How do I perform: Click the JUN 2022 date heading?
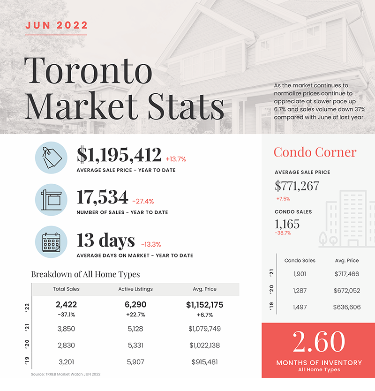(56, 25)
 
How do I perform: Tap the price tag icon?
(51, 158)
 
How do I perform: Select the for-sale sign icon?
(51, 200)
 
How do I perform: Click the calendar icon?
(51, 242)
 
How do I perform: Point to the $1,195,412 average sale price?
(119, 155)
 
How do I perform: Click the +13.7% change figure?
(176, 159)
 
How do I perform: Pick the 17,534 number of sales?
(102, 197)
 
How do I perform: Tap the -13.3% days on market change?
(151, 244)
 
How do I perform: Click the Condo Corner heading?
(315, 152)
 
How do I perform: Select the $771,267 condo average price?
(297, 186)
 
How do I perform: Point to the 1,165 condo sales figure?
(287, 224)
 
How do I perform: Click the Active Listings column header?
(135, 289)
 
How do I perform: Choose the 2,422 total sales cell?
(66, 304)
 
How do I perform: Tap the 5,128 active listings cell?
(135, 329)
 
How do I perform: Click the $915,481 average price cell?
(205, 362)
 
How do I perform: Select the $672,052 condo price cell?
(347, 291)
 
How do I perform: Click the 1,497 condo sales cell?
(300, 307)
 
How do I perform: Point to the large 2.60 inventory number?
(319, 341)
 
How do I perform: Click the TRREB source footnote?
(66, 374)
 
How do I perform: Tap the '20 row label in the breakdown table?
(27, 344)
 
